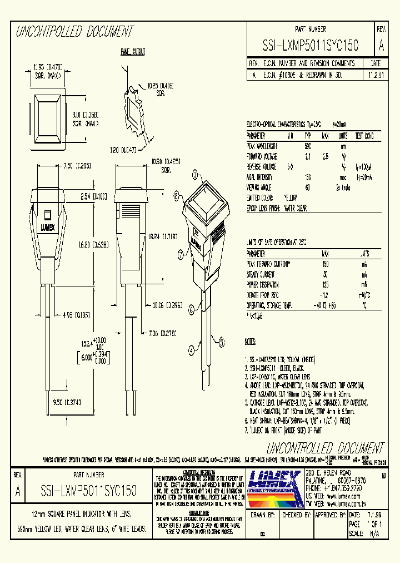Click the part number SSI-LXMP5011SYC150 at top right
311,45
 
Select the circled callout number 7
181,255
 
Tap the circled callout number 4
191,350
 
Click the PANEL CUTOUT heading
133,52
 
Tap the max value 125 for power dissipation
326,285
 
